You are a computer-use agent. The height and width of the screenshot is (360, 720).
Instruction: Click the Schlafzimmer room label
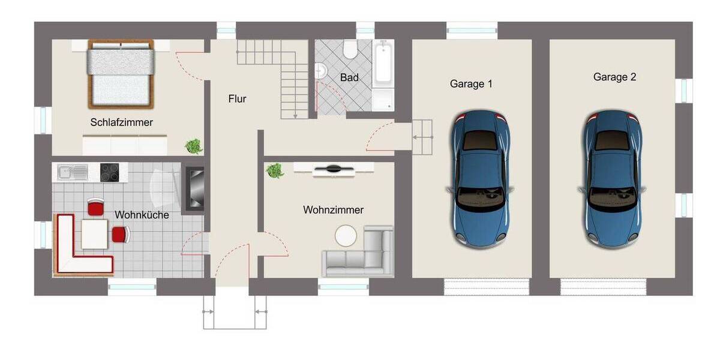[x=122, y=122]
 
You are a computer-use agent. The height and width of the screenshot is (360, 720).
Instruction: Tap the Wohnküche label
[x=142, y=215]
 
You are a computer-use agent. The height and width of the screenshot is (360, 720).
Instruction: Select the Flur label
[x=237, y=99]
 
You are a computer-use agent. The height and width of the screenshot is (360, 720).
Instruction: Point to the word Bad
[x=349, y=77]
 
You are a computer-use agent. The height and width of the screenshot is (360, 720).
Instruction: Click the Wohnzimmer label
[x=333, y=210]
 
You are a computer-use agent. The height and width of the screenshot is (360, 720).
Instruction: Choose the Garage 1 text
[x=471, y=84]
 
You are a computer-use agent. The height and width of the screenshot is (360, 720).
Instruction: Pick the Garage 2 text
[x=614, y=77]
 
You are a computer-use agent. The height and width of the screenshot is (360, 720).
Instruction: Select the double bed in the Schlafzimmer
[x=121, y=74]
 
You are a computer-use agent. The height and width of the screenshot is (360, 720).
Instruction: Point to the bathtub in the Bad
[x=383, y=64]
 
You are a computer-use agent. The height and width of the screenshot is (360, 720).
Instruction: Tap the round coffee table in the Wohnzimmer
[x=346, y=236]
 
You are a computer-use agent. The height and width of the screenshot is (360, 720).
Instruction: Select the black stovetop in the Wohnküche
[x=109, y=173]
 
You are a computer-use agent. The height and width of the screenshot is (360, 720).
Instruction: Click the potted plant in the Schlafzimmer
[x=193, y=146]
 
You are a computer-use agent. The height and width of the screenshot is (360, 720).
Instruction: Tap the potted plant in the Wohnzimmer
[x=275, y=170]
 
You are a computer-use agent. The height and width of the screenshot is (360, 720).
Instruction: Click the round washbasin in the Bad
[x=322, y=71]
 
